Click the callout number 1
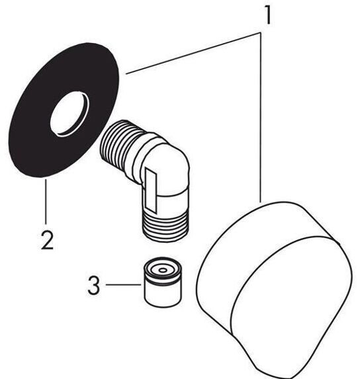(267, 15)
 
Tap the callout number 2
(47, 240)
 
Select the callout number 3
(93, 286)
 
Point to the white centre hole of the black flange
(69, 113)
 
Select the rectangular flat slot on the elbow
(151, 189)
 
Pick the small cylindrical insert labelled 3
(163, 282)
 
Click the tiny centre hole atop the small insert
(163, 270)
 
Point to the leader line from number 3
(124, 285)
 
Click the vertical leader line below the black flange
(46, 200)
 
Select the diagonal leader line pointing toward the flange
(193, 54)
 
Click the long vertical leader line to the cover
(260, 118)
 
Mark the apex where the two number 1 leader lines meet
(261, 33)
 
